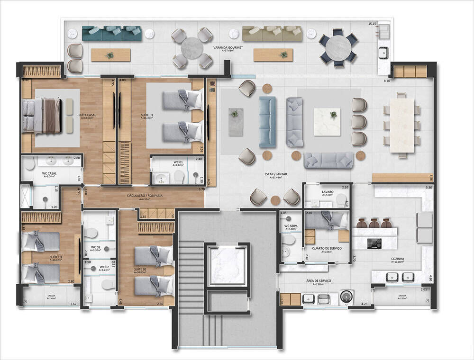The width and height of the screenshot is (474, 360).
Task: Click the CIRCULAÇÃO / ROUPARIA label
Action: coord(143,195)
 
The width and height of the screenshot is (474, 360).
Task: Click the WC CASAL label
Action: coord(49,174)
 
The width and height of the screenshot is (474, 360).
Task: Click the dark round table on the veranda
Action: coord(338,47)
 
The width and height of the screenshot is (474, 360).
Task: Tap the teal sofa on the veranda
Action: coord(112,33)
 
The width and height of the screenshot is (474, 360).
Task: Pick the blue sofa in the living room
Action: coord(267,122)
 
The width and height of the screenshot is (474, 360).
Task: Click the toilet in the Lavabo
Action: coord(340,201)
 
